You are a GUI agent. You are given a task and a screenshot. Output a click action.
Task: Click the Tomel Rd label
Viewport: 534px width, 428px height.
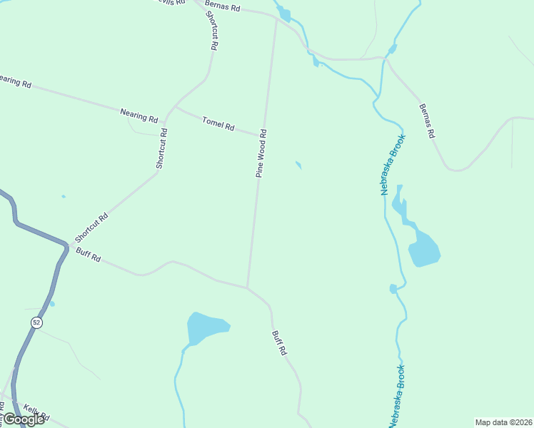click(218, 123)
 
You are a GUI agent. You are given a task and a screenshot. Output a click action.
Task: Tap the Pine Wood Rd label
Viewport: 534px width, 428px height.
click(262, 153)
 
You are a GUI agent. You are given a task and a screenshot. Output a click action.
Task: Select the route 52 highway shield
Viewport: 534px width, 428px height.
click(36, 323)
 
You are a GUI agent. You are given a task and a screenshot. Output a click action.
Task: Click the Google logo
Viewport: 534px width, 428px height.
click(23, 419)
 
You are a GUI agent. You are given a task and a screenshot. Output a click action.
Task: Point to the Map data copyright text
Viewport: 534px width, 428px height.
click(503, 422)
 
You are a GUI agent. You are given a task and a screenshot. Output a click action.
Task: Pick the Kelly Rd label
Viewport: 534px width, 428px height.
click(36, 412)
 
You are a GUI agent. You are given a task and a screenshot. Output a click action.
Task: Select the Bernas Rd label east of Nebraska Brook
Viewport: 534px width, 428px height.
click(427, 121)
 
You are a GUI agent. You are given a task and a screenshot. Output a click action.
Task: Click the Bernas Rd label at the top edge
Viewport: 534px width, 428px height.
click(222, 6)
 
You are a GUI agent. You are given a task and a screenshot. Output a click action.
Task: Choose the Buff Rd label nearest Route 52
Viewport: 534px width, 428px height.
click(89, 254)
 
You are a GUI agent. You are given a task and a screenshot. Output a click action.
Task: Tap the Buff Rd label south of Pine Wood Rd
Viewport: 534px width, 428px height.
click(279, 342)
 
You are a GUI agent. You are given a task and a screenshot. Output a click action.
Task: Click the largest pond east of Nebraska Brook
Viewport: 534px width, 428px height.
click(424, 249)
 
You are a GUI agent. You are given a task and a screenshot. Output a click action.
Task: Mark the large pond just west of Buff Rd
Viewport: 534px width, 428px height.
click(206, 328)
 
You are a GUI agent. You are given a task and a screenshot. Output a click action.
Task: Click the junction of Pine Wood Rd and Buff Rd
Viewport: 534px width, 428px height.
click(247, 288)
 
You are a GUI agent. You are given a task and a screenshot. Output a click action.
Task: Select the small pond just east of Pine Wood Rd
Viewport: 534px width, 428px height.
click(298, 165)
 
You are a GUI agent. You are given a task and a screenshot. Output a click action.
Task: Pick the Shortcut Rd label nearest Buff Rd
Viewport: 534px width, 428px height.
click(91, 228)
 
